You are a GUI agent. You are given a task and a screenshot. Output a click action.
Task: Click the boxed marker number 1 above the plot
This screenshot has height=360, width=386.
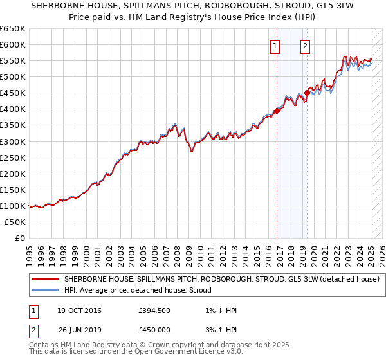coord(275,46)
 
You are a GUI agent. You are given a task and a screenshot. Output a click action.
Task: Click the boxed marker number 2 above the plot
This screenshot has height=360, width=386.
coord(304,46)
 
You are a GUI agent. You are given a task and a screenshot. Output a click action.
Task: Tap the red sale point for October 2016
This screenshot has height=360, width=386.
coord(277,111)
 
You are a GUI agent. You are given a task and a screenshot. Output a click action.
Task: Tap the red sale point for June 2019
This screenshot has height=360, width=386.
coord(307,93)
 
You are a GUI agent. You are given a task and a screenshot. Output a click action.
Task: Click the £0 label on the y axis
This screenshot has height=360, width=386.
coord(20,238)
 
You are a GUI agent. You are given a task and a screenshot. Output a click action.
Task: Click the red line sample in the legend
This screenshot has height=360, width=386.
coord(45,279)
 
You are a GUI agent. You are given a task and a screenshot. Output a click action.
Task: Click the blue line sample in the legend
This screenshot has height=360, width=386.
coord(45,290)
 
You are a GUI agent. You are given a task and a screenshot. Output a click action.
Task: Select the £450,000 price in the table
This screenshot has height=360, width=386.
coord(155,329)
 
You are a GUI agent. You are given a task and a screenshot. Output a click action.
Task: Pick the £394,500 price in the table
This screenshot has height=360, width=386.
coord(155,310)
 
